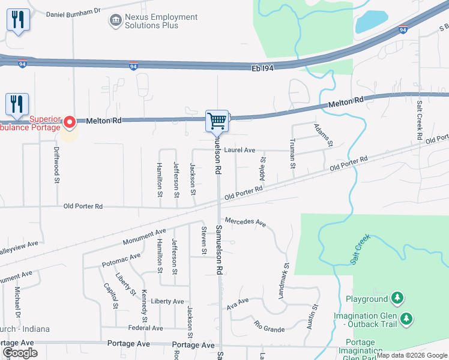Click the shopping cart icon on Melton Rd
(217, 121)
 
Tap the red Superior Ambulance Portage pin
(69, 122)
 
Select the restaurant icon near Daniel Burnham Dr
(18, 20)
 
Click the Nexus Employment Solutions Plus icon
(115, 21)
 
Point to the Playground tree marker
(396, 298)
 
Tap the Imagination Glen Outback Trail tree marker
(407, 318)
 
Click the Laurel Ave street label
(240, 150)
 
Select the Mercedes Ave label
(246, 223)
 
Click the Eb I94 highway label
(262, 69)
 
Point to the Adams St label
(323, 136)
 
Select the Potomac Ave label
(121, 259)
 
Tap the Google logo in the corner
(20, 353)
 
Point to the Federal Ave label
(145, 328)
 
